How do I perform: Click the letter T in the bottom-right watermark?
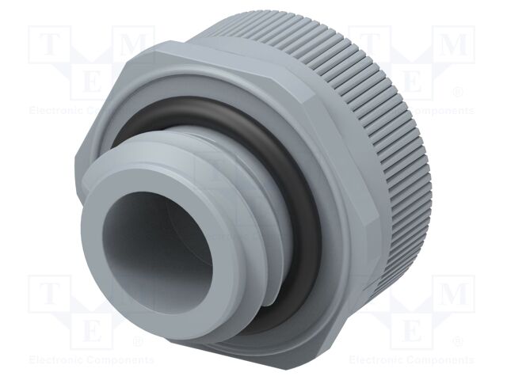(369, 295)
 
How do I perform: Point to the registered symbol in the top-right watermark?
(458, 93)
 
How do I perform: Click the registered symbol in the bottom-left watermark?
(136, 343)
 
